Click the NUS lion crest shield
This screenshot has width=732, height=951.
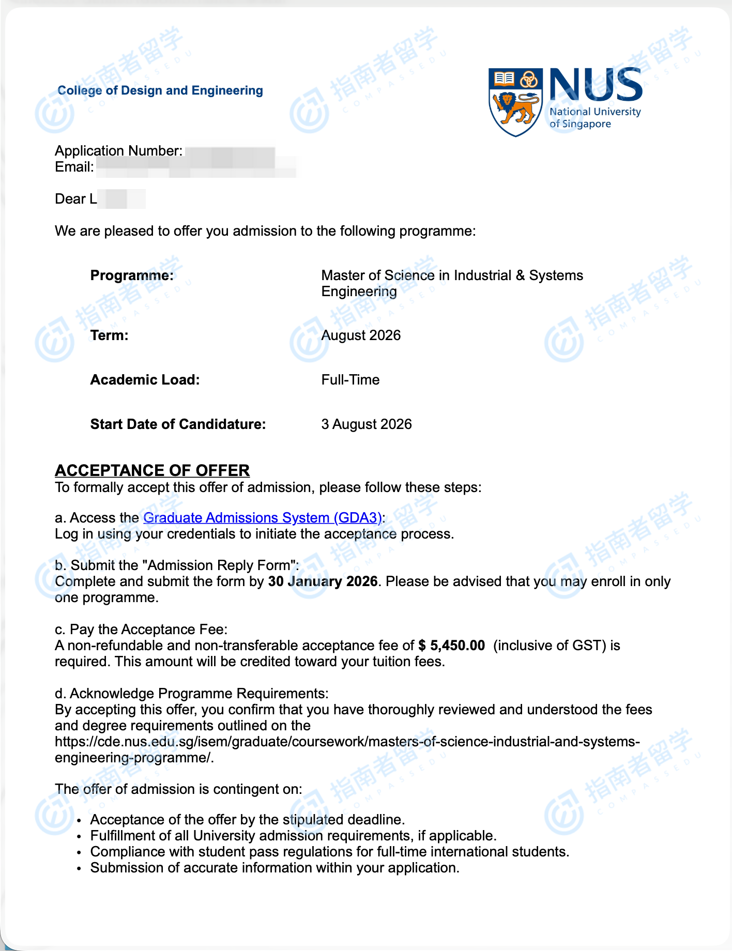tap(515, 102)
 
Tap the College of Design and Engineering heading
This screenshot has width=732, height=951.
tap(160, 90)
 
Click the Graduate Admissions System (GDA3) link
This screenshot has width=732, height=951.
tap(263, 517)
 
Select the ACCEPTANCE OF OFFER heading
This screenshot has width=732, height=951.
tap(152, 470)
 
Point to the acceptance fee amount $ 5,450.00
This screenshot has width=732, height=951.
tap(452, 645)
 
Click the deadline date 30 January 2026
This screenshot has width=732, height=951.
tap(323, 581)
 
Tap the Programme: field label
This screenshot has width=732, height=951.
tap(132, 275)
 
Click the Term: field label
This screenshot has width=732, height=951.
tap(110, 335)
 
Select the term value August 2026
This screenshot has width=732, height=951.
tap(361, 335)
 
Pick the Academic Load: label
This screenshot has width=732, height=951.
tap(145, 380)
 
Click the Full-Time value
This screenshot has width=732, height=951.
tap(350, 380)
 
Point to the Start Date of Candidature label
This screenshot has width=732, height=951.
tap(178, 424)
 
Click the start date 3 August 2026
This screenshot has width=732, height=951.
tap(367, 424)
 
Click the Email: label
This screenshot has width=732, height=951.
tap(74, 167)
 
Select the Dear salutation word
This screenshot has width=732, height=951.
tap(70, 199)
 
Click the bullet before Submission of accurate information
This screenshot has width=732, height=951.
tap(79, 868)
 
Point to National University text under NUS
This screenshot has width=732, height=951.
tap(595, 112)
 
